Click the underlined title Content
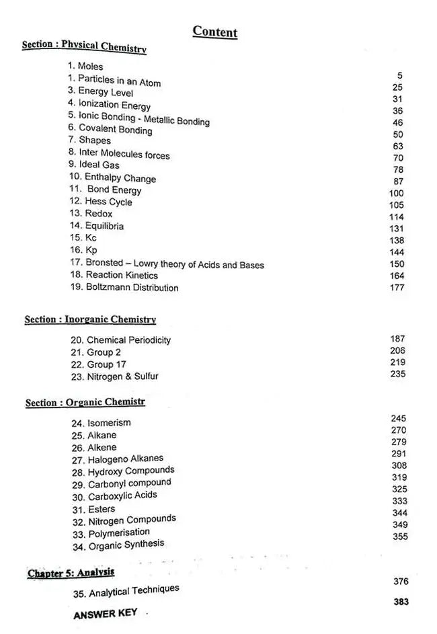[x=214, y=32]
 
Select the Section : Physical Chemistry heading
[x=84, y=46]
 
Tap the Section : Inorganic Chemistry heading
[x=90, y=319]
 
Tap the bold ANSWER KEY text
[x=105, y=615]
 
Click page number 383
[x=401, y=602]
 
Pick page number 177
[x=397, y=288]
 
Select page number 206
[x=398, y=350]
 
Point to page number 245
[x=398, y=418]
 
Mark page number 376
[x=401, y=582]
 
